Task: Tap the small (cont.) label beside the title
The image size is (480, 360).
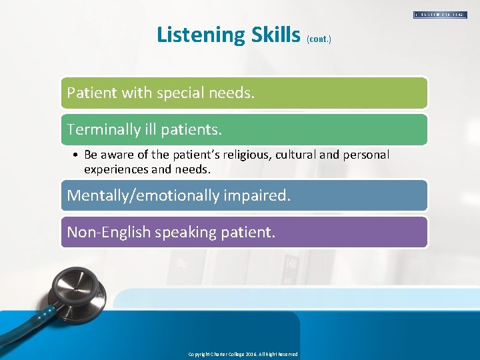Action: (x=319, y=39)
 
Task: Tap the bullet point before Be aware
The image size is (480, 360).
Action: (x=77, y=155)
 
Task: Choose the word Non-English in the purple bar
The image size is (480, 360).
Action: (x=108, y=232)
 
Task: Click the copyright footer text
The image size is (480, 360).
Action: (x=243, y=354)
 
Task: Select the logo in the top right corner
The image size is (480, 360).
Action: (x=440, y=14)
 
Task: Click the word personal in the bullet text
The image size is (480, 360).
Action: (x=366, y=155)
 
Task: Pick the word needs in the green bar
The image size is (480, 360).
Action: (x=233, y=93)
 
